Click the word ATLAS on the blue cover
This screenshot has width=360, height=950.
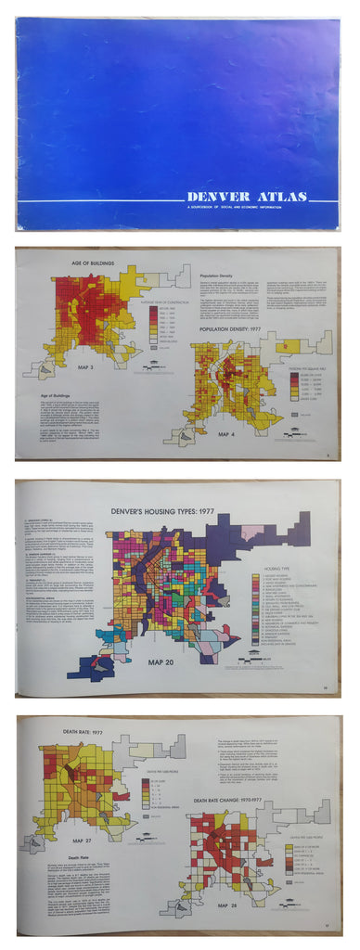(x=278, y=197)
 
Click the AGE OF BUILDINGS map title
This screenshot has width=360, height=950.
(x=100, y=263)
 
